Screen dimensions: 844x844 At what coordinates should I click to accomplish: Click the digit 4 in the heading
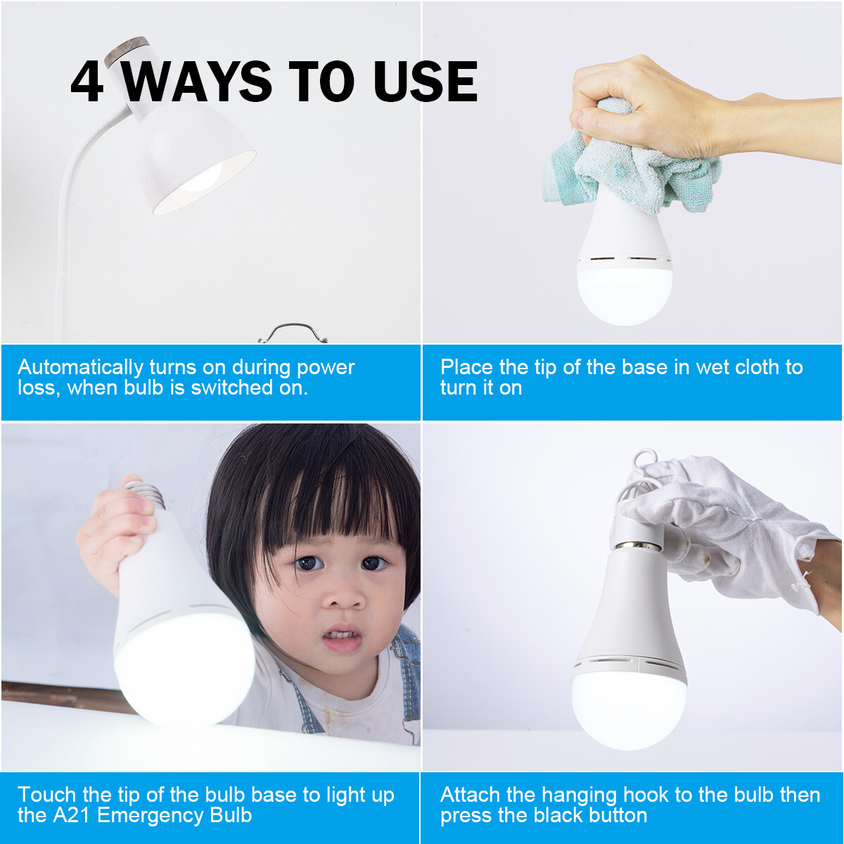[x=87, y=82]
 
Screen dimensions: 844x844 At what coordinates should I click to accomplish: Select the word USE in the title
[x=426, y=82]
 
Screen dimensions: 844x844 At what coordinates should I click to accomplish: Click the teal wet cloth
[x=633, y=169]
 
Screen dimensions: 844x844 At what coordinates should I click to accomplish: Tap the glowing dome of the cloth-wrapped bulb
[x=625, y=292]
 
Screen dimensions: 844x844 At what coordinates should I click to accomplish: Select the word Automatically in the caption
[x=80, y=367]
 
